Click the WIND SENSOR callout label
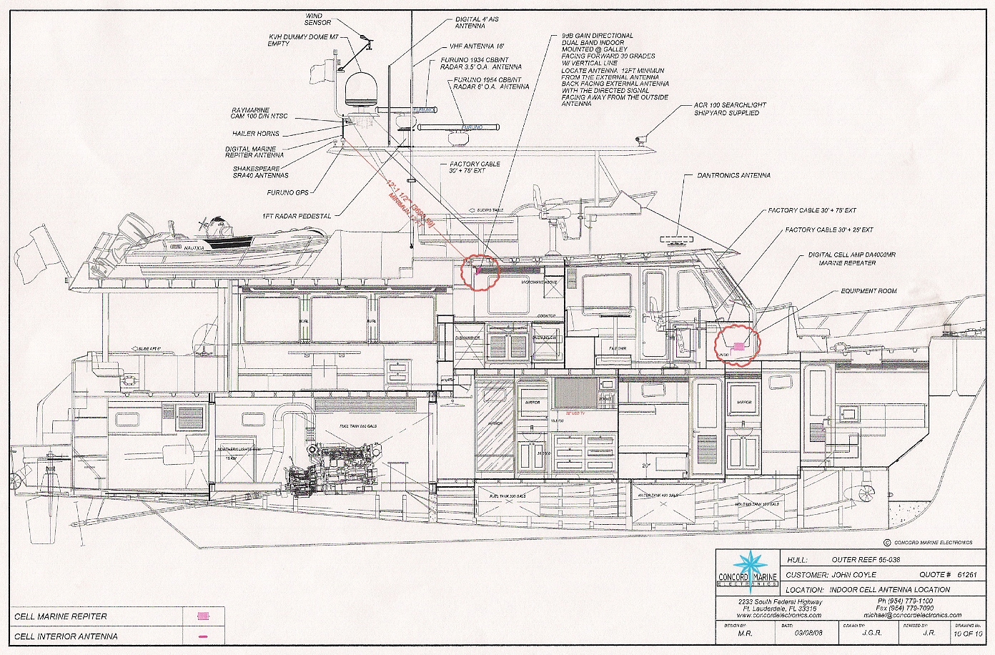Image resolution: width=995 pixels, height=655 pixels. click(318, 19)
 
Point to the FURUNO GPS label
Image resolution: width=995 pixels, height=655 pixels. click(292, 192)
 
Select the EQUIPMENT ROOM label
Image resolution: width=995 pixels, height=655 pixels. click(868, 291)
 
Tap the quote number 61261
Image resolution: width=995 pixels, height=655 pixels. click(966, 574)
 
